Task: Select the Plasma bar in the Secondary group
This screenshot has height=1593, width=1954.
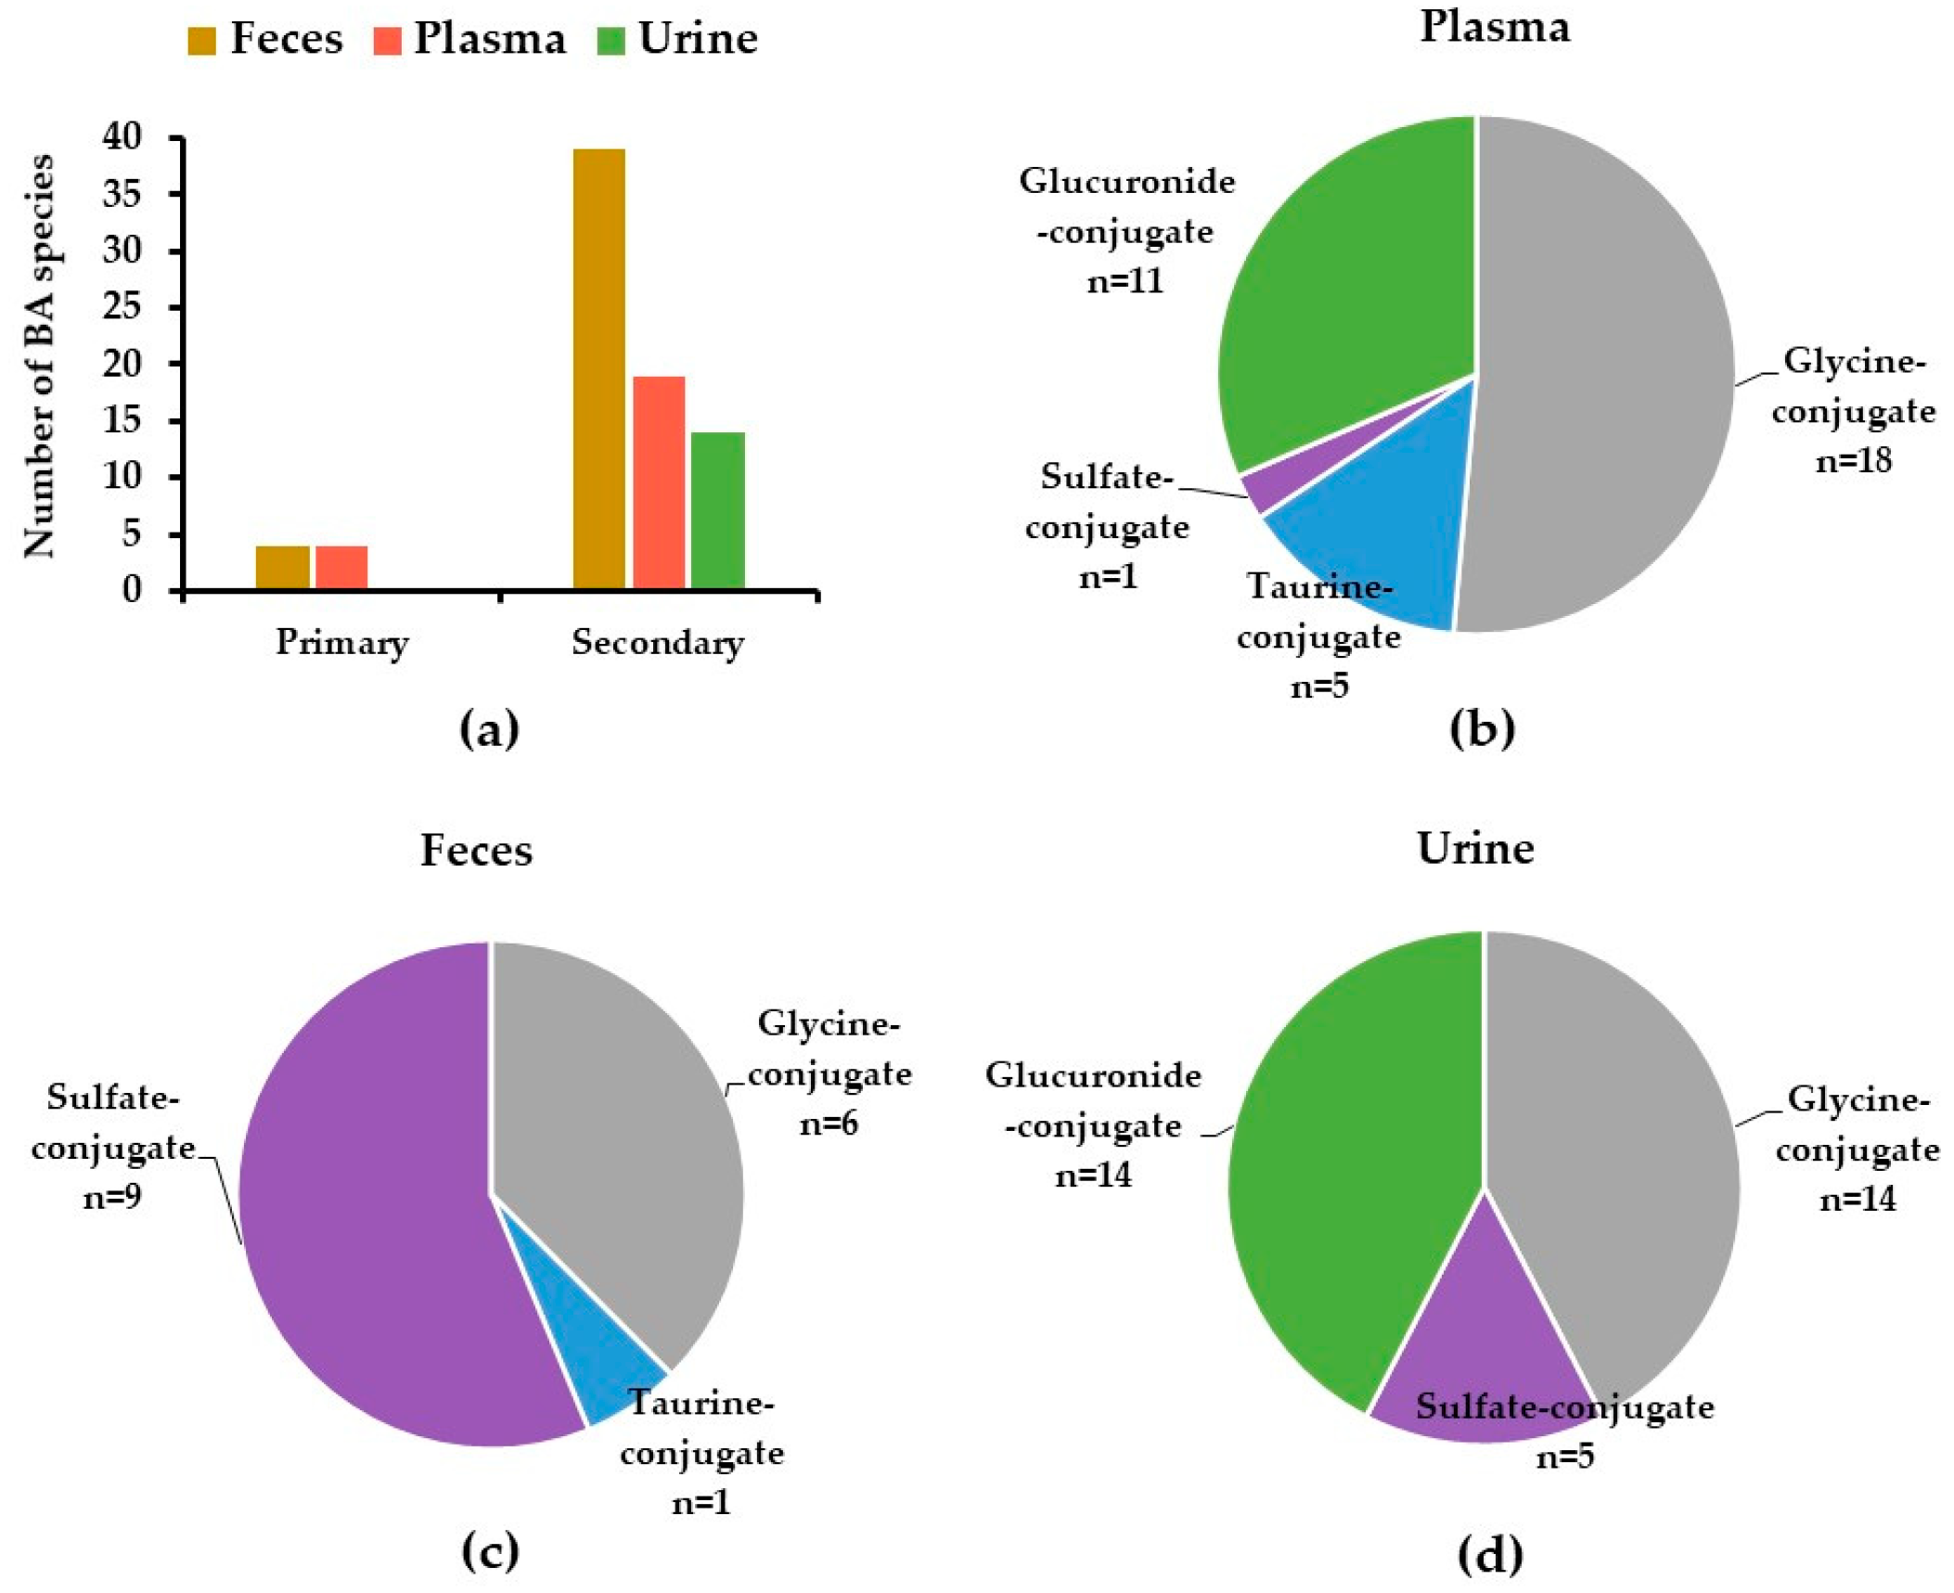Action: coord(659,482)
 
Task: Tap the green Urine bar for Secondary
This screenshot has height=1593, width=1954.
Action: coord(717,510)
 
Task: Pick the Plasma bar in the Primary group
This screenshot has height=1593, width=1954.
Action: coord(341,568)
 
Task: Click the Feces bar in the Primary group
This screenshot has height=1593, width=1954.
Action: coord(282,568)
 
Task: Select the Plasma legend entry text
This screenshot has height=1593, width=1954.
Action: coord(489,39)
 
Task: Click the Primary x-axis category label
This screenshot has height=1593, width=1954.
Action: coord(341,642)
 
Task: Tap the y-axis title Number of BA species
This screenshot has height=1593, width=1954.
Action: coord(39,357)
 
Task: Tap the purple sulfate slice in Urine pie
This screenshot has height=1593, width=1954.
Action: coord(1475,1355)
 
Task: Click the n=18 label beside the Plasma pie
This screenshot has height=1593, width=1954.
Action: coord(1853,460)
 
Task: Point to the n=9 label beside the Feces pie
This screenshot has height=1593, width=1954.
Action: coord(112,1198)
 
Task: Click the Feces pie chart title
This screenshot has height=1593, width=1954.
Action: coord(476,850)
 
